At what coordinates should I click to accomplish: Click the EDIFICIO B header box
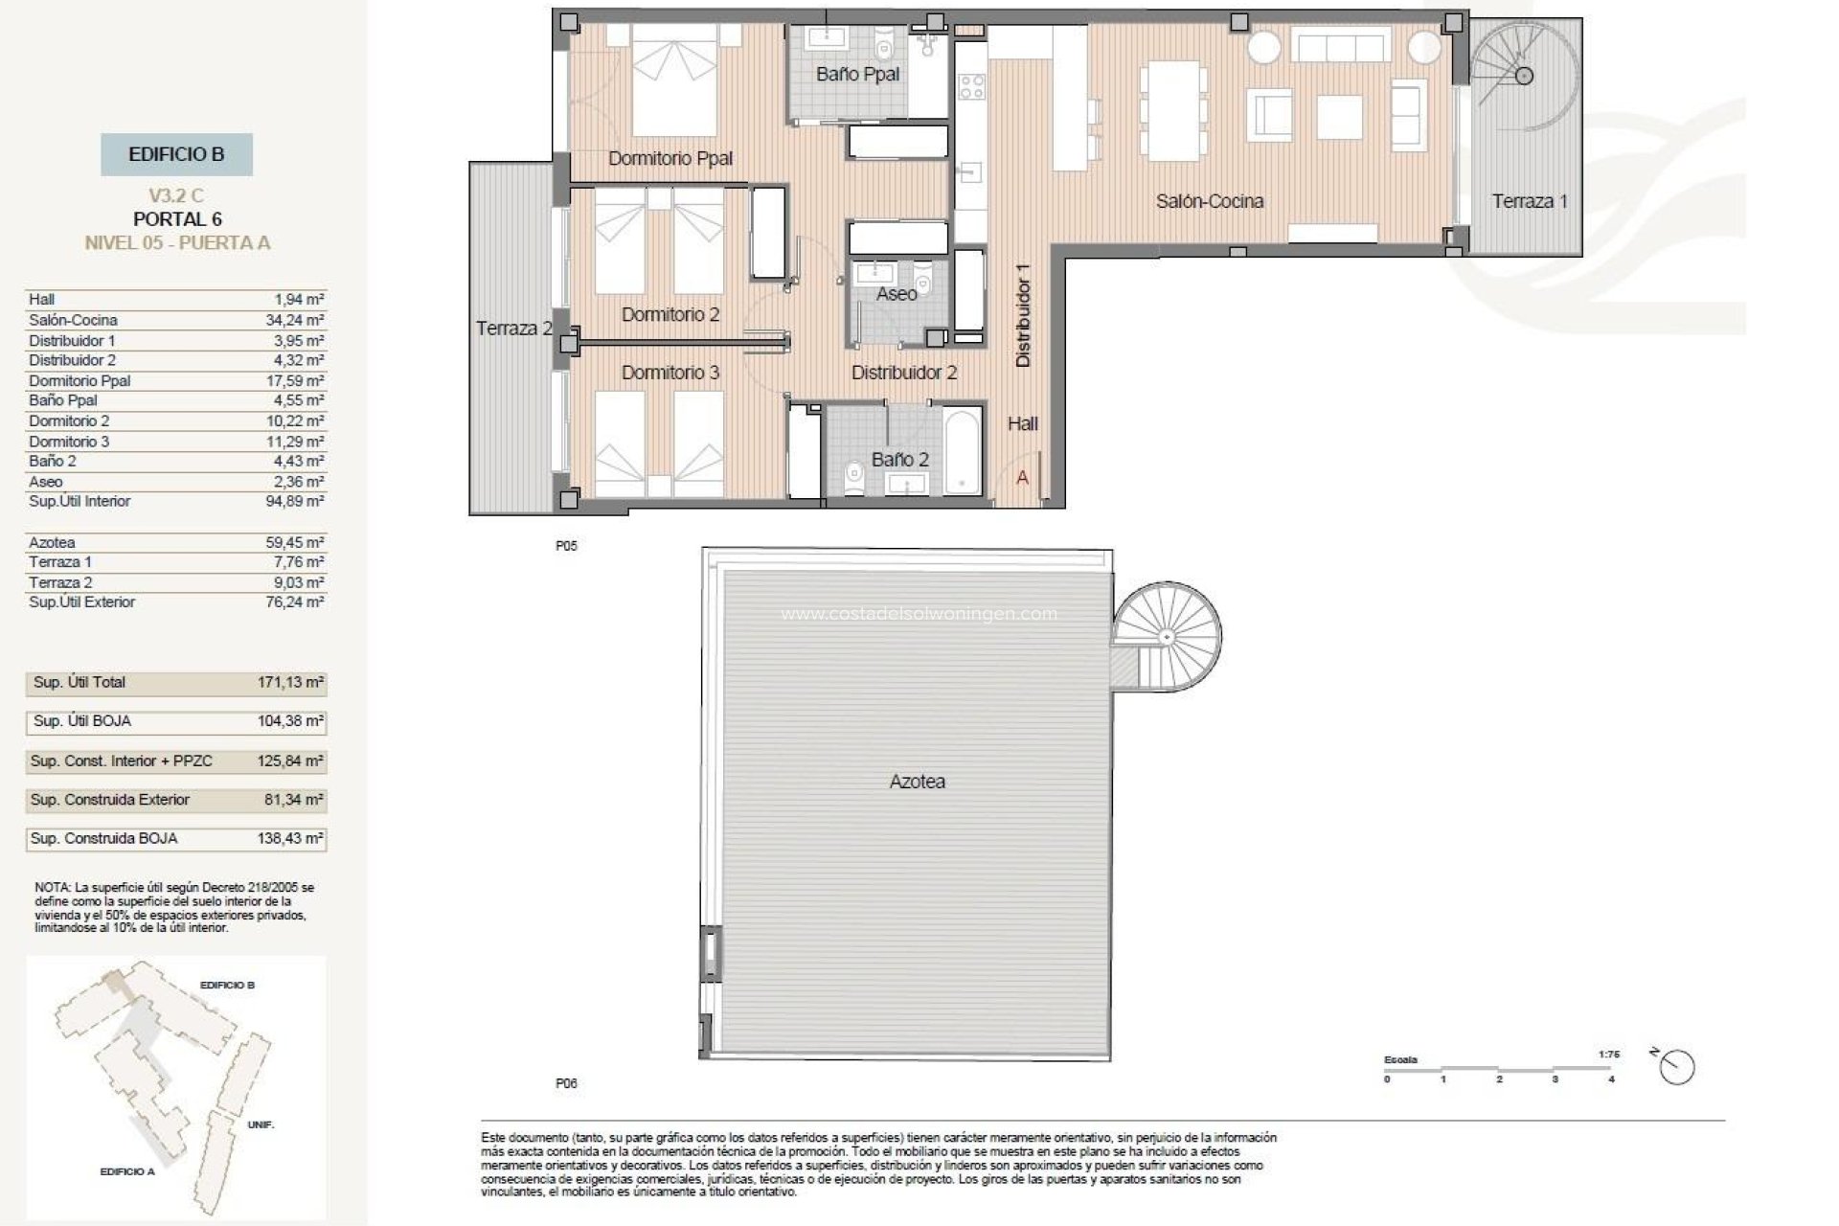pyautogui.click(x=176, y=154)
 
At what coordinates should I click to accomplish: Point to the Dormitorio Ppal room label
pyautogui.click(x=670, y=158)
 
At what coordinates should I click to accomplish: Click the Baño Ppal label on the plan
pyautogui.click(x=857, y=74)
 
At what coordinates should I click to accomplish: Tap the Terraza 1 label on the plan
pyautogui.click(x=1530, y=201)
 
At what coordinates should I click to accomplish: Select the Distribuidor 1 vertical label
pyautogui.click(x=1023, y=315)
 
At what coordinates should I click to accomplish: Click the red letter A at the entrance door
pyautogui.click(x=1022, y=477)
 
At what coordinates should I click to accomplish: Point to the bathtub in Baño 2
pyautogui.click(x=962, y=452)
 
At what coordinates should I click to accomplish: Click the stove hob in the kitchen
pyautogui.click(x=971, y=87)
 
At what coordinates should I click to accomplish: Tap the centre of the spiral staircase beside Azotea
pyautogui.click(x=1167, y=637)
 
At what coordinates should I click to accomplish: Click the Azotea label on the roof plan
pyautogui.click(x=917, y=782)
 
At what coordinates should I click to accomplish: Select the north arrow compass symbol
pyautogui.click(x=1677, y=1067)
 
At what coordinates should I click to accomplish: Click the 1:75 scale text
pyautogui.click(x=1608, y=1055)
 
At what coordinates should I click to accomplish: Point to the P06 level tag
pyautogui.click(x=566, y=1083)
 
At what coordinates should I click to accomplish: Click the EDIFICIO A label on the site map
pyautogui.click(x=127, y=1171)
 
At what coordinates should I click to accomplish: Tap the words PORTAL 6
pyautogui.click(x=177, y=219)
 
